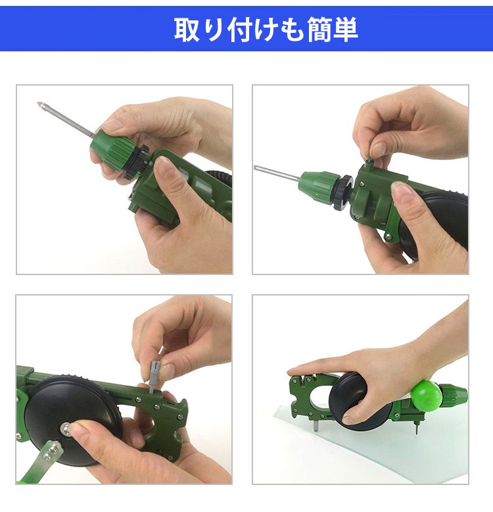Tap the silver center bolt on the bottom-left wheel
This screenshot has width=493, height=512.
[68, 429]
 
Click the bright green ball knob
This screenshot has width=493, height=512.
[426, 396]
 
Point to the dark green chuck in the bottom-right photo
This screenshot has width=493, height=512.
[454, 396]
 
